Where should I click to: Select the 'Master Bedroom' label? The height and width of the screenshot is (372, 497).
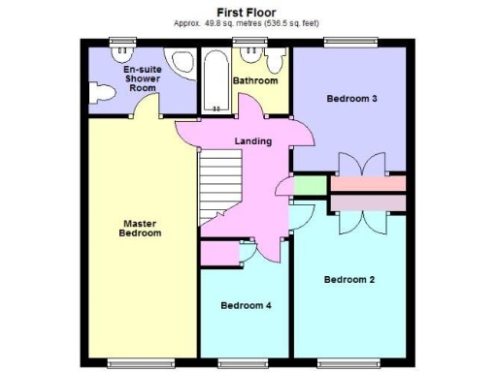[x=139, y=228]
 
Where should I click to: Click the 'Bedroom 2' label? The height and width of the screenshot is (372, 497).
[x=348, y=280]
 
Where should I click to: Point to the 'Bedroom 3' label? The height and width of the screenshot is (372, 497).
[x=351, y=98]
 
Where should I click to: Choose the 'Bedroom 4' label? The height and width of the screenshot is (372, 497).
[x=246, y=305]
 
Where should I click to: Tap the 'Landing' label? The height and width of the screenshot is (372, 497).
[x=253, y=141]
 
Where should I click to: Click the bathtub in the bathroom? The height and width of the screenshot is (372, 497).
[x=215, y=82]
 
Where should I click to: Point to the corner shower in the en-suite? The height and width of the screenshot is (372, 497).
[x=180, y=64]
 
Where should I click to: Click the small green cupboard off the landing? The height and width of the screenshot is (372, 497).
[x=309, y=183]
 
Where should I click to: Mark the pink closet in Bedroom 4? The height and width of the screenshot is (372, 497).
[x=219, y=254]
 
